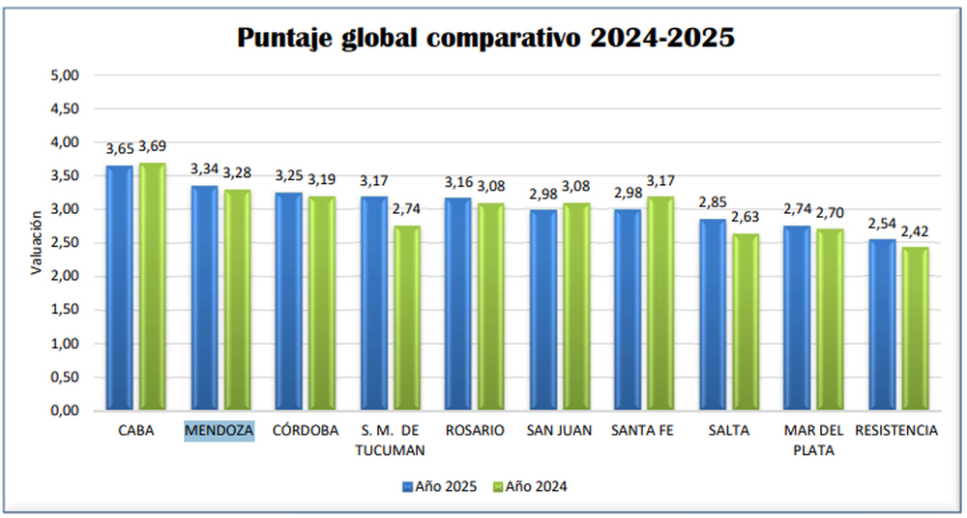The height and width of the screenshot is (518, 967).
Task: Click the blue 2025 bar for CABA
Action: [119, 288]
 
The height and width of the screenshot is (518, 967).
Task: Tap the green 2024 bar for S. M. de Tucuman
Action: [407, 318]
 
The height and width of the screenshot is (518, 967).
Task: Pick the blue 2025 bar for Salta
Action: [713, 315]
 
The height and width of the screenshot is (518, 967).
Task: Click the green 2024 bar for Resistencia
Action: [915, 329]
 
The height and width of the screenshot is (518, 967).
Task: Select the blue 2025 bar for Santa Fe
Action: [628, 310]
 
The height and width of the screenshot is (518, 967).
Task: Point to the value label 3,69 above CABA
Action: [153, 147]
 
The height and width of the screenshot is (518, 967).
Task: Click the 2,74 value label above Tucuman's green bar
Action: [407, 209]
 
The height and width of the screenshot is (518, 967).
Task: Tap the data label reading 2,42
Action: [915, 231]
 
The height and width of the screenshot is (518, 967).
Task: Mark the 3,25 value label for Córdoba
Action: [288, 175]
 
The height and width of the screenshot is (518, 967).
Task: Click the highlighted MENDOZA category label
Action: [220, 430]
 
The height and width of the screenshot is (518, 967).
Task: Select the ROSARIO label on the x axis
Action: [474, 430]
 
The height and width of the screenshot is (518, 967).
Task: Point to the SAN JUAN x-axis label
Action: [559, 430]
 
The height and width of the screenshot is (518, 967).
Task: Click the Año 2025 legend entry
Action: [439, 487]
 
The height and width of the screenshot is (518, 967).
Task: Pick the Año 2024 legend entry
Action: [530, 487]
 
